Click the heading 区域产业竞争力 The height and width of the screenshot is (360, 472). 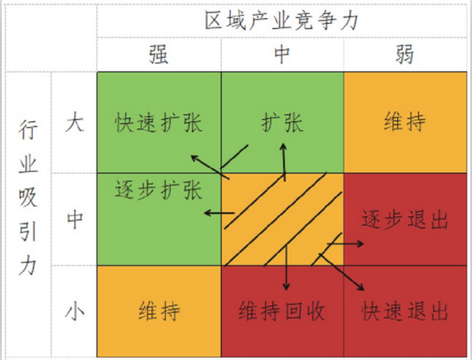[282, 21]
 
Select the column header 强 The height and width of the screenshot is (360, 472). [159, 54]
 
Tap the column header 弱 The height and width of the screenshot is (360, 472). [404, 54]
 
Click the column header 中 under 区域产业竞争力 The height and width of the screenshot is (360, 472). [282, 54]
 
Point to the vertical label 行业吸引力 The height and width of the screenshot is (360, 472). [28, 198]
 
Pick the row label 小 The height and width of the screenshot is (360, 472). [74, 311]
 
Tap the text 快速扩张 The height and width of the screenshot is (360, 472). [159, 123]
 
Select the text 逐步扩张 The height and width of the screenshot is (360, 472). [159, 190]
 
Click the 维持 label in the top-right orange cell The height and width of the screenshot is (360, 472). [405, 122]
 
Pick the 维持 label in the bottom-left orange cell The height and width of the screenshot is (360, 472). [159, 311]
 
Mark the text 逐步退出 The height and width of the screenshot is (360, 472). [405, 219]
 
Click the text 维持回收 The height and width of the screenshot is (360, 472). [282, 311]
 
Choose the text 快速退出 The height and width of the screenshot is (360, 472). [405, 311]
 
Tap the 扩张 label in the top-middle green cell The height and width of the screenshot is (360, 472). [282, 123]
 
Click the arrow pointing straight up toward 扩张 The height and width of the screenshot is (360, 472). [284, 162]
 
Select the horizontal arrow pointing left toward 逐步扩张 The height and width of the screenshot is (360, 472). [219, 213]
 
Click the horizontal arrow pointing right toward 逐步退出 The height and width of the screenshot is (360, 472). [346, 243]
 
